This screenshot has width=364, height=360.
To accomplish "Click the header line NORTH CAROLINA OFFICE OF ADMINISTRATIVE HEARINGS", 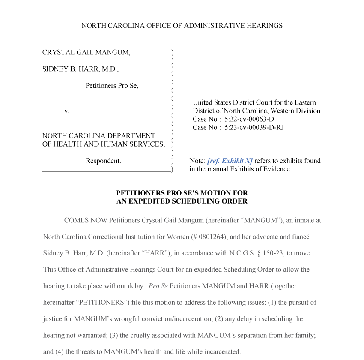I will (182, 26).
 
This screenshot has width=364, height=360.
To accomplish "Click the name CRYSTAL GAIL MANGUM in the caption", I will (86, 52).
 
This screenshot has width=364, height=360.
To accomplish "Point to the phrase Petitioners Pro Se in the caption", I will (112, 86).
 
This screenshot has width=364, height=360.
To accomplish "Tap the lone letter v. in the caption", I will (67, 111).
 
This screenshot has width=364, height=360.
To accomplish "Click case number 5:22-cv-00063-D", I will (249, 119).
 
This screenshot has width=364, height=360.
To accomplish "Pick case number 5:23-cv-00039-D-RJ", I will (254, 127).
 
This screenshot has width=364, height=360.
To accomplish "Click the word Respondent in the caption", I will (103, 161).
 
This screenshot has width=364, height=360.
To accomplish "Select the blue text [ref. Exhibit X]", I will (230, 161).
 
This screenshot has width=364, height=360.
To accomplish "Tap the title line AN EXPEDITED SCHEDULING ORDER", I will (182, 201).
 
